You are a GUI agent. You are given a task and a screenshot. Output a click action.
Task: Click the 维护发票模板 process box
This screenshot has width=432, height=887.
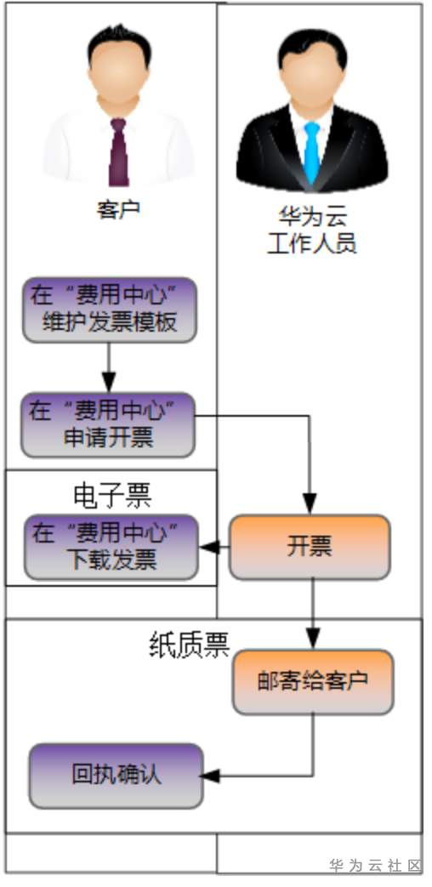tap(108, 310)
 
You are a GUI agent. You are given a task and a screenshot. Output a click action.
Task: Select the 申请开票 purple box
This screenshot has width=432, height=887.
tap(108, 424)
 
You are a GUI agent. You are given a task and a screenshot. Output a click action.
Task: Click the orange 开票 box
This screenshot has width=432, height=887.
tap(310, 547)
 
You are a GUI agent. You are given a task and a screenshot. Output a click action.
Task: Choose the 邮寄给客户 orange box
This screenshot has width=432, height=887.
tap(313, 681)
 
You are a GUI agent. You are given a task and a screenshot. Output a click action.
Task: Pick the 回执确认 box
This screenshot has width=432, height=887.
tap(117, 776)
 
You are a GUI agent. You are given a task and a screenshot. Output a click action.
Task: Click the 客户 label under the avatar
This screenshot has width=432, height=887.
tap(117, 209)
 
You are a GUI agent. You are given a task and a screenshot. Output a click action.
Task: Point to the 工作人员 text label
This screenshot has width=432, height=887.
tap(311, 245)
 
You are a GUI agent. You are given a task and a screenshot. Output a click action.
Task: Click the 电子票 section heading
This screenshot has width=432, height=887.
tap(111, 495)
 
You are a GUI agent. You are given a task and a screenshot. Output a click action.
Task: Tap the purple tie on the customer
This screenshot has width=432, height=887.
tap(117, 153)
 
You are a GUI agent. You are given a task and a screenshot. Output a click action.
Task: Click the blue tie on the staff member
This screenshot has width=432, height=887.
tap(312, 153)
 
